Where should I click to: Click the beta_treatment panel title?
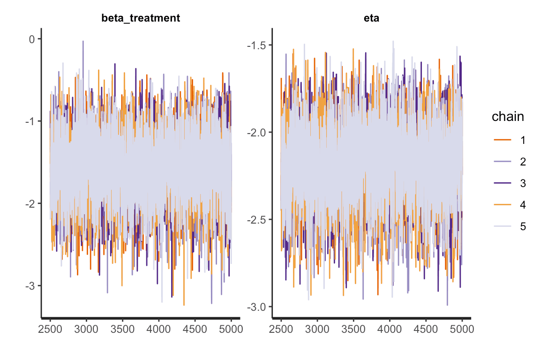(x=141, y=18)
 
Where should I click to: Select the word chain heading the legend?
(x=508, y=117)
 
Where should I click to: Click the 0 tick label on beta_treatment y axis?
(x=32, y=39)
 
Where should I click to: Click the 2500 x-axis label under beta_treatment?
(x=50, y=330)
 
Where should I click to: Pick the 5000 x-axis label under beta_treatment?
(x=231, y=330)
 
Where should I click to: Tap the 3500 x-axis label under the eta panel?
(x=353, y=330)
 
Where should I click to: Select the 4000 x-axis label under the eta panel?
(x=390, y=330)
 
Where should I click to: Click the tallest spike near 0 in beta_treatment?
(x=83, y=42)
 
